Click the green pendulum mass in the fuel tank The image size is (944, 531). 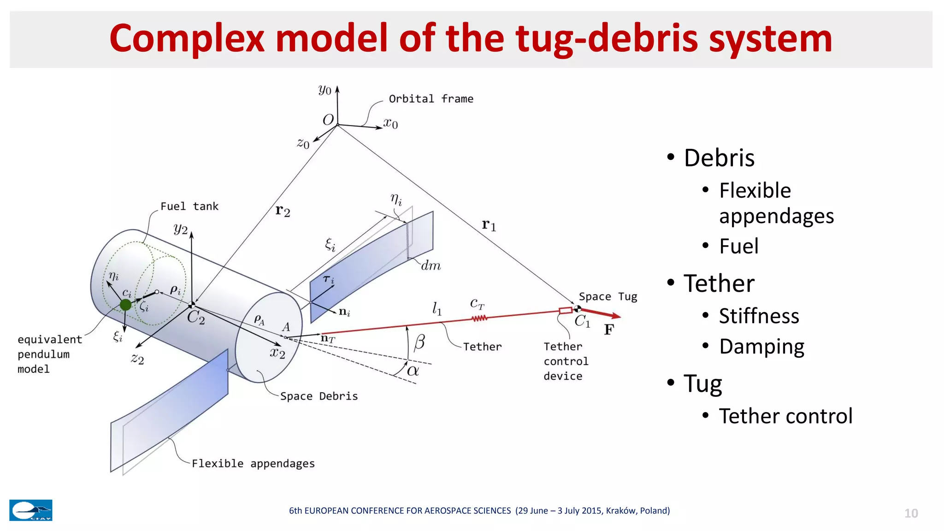coord(125,305)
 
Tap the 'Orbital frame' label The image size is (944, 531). coord(431,99)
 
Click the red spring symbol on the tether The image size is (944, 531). coord(479,318)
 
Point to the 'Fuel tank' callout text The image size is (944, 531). coord(189,206)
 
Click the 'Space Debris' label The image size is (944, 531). coord(319,396)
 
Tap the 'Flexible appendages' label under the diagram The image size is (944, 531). coord(253,464)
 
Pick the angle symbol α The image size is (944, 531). coord(413,371)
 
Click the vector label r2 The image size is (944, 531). coord(283,211)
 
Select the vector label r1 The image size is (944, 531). coord(489,225)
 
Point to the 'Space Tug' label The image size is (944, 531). coord(608,297)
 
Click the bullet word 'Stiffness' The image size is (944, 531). coord(759,316)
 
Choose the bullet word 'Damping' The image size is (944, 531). coord(761,347)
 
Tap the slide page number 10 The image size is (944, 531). coord(911,513)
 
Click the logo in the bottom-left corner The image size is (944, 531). coord(31,510)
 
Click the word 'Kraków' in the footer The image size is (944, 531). coord(621,511)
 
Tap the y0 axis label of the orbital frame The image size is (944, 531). coord(324,90)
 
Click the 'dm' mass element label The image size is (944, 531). coord(431,266)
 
